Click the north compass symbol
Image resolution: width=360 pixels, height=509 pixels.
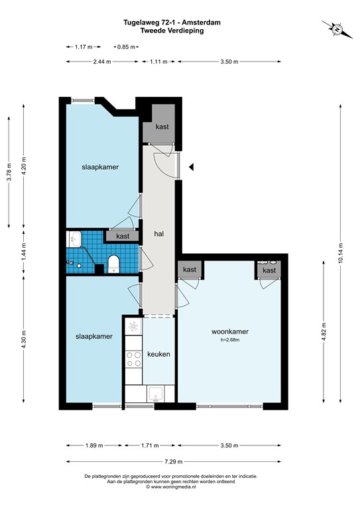337,29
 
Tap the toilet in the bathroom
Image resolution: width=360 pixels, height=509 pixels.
113,264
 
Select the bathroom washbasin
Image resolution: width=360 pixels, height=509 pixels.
75,239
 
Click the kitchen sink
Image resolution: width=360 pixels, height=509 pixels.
156,394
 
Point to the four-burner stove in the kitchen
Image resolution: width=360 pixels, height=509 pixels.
134,359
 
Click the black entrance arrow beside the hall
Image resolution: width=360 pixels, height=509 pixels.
192,167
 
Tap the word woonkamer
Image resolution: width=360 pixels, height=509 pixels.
230,331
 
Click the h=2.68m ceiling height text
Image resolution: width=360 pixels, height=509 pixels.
230,340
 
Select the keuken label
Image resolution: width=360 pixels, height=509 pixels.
158,354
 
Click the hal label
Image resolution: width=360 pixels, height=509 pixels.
158,233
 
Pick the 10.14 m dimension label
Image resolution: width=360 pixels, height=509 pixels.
340,253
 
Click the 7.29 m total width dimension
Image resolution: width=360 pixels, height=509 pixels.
174,461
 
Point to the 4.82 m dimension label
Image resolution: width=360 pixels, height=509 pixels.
324,332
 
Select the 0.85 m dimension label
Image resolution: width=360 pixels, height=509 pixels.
126,47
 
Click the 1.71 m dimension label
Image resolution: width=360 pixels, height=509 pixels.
150,445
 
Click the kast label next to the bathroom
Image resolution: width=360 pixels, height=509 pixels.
123,236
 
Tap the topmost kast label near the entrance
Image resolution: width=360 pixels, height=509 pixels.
162,127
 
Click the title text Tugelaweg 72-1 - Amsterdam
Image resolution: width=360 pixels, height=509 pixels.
172,23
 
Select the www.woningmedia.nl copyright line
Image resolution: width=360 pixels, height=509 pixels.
171,486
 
